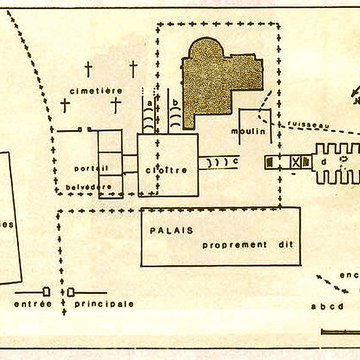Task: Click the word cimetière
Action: tap(98, 89)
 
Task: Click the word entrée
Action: tap(31, 273)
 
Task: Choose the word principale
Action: tap(104, 273)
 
